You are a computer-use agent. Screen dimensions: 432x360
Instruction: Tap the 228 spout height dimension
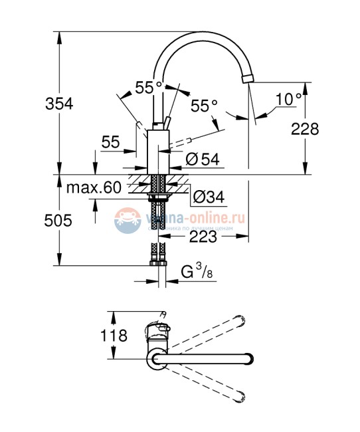pyautogui.click(x=305, y=129)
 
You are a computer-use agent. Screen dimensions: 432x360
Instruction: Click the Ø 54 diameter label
pyautogui.click(x=201, y=159)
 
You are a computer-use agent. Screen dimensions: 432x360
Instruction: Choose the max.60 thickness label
pyautogui.click(x=94, y=187)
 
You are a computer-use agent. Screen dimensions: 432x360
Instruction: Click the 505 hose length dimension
pyautogui.click(x=58, y=221)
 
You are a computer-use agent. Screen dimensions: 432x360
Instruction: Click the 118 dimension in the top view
pyautogui.click(x=114, y=336)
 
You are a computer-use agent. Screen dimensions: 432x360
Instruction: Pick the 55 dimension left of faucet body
pyautogui.click(x=110, y=142)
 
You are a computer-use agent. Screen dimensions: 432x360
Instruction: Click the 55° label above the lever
pyautogui.click(x=148, y=87)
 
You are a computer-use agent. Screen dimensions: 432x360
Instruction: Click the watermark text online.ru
pyautogui.click(x=213, y=217)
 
